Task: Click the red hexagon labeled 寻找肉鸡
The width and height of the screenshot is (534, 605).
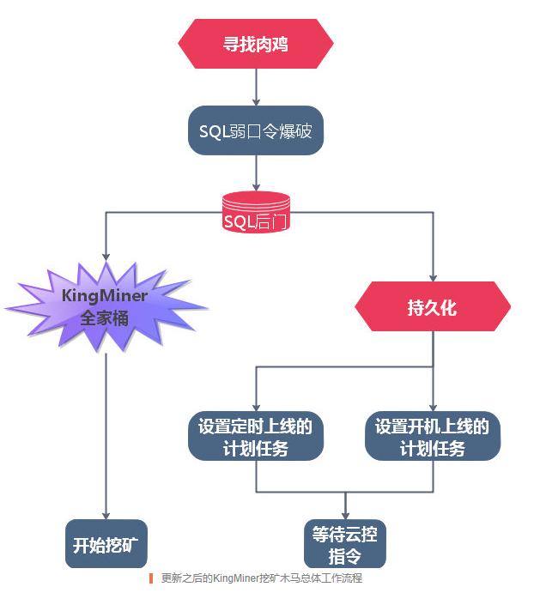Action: [x=256, y=43]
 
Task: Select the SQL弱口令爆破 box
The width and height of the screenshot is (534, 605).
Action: [x=256, y=130]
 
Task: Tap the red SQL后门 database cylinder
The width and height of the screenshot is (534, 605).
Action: [x=256, y=214]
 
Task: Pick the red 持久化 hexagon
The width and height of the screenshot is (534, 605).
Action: [x=433, y=306]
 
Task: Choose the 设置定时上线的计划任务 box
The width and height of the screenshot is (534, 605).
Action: [x=255, y=437]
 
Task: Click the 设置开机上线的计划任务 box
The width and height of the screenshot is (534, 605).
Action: [x=433, y=437]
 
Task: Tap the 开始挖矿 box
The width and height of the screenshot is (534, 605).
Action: [x=106, y=544]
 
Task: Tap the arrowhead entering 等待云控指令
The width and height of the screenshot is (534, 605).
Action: [x=345, y=513]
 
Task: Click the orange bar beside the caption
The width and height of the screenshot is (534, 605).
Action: [x=151, y=578]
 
